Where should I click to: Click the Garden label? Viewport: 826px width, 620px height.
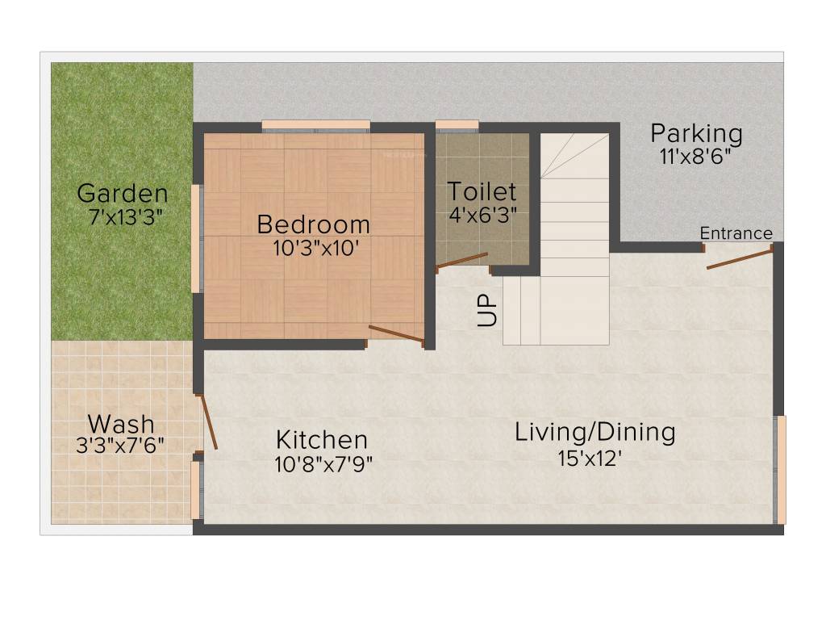tap(123, 194)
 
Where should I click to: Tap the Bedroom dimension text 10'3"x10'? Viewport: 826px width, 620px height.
tap(315, 247)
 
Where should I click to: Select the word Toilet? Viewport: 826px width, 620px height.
tap(482, 192)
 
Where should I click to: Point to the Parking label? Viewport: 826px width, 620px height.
tap(696, 133)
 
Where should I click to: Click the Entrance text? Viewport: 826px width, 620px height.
tap(736, 234)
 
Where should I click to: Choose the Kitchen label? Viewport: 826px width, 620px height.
tap(322, 440)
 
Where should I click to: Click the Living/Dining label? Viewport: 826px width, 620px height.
tap(595, 432)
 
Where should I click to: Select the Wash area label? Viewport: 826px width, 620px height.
tap(120, 423)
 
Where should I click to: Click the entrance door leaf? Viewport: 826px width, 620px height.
tap(739, 258)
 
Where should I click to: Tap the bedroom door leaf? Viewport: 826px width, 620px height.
tap(395, 333)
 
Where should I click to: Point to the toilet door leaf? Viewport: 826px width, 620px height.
tap(461, 260)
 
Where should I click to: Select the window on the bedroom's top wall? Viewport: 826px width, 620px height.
tap(315, 125)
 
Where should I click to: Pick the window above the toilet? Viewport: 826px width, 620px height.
tap(457, 125)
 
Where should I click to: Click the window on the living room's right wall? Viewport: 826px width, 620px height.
tap(779, 469)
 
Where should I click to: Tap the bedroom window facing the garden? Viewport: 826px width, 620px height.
tap(195, 238)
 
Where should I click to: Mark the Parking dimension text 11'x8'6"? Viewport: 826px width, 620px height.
tap(695, 157)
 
